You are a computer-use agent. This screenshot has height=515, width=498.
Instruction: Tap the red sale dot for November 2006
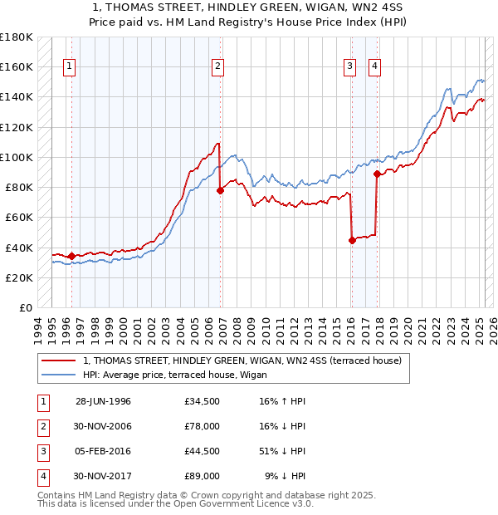point(221,190)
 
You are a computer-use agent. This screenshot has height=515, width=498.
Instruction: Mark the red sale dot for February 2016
point(352,240)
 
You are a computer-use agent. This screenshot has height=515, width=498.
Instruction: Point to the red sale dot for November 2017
point(377,174)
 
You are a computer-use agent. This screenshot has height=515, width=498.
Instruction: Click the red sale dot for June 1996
point(71,256)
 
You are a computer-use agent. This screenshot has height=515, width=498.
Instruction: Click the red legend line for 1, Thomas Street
point(58,360)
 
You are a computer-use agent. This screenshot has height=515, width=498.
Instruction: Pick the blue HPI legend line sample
point(58,374)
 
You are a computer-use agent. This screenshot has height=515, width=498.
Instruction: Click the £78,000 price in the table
point(203,426)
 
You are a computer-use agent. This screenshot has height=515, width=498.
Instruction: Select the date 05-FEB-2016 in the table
point(103,451)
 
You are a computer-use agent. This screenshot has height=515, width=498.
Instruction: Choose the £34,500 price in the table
point(203,401)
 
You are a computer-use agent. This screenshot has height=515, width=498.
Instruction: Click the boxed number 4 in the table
point(41,476)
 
